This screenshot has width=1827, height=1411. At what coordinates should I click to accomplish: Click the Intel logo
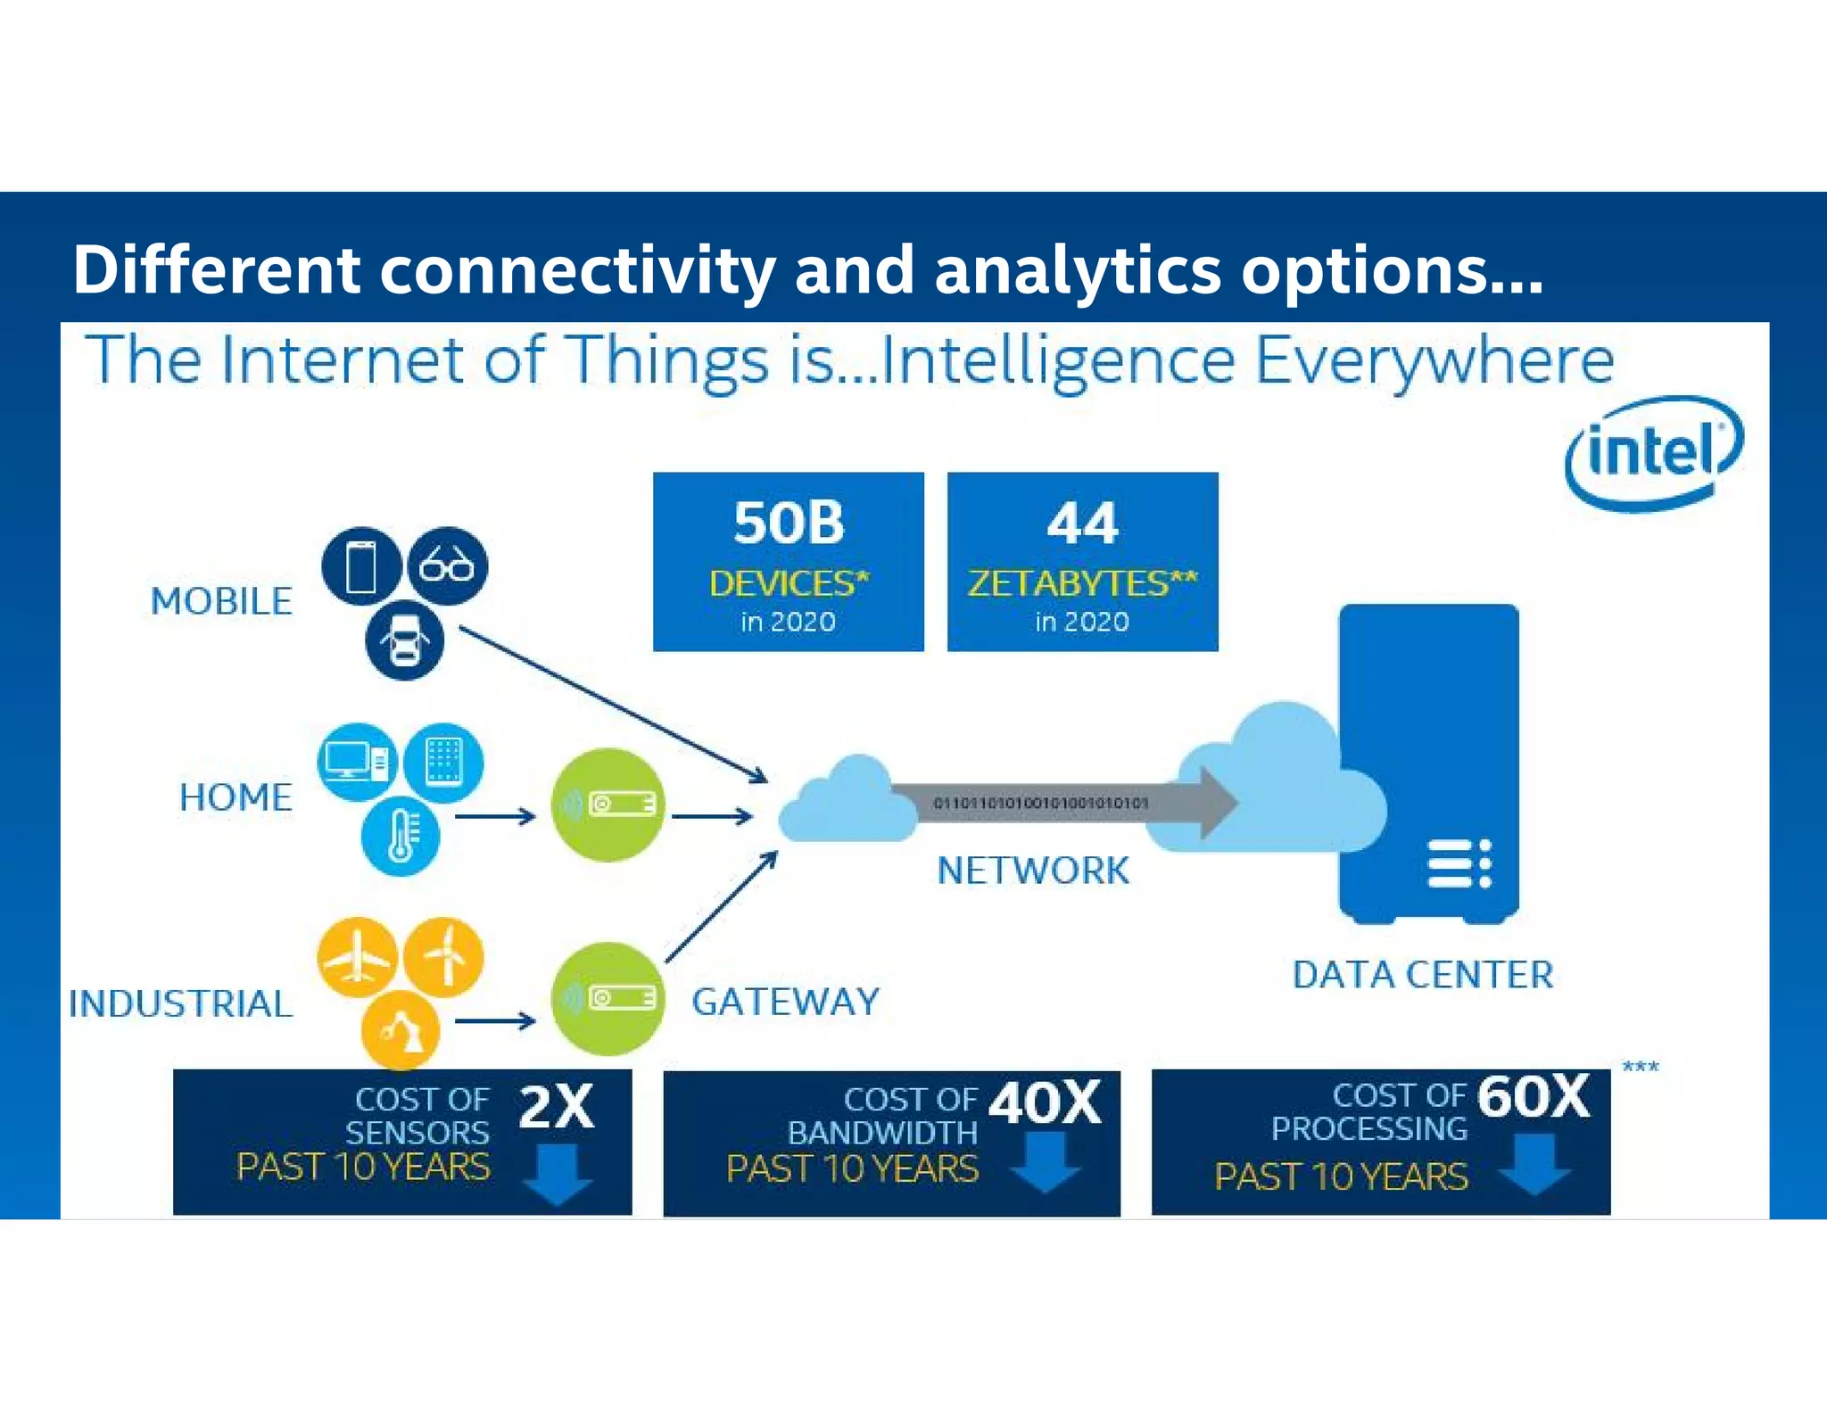click(1653, 453)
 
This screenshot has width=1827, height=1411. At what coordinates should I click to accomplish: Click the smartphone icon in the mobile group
click(360, 566)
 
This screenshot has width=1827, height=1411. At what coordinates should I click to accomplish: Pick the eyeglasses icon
click(447, 566)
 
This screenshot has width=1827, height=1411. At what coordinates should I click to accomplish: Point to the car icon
click(404, 640)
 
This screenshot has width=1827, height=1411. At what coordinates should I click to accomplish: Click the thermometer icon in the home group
click(401, 836)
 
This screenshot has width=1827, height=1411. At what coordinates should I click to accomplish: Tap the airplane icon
click(357, 958)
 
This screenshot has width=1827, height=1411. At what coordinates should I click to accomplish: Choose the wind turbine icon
click(444, 958)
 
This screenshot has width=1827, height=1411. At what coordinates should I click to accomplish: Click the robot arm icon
click(401, 1030)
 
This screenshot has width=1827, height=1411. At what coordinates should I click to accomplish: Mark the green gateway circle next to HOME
click(608, 805)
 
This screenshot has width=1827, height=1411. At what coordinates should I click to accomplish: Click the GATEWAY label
click(785, 1003)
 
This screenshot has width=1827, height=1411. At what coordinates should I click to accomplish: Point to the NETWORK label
click(1033, 871)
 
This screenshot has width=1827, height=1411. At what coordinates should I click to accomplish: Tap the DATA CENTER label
click(1423, 975)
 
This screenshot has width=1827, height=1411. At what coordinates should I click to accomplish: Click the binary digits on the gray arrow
click(1040, 804)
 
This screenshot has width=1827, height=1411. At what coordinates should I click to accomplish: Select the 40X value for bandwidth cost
click(1045, 1103)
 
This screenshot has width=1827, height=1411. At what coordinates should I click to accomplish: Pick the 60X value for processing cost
click(1533, 1096)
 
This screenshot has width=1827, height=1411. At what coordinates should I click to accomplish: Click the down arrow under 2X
click(558, 1175)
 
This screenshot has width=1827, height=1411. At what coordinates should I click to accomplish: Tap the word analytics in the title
click(1077, 269)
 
